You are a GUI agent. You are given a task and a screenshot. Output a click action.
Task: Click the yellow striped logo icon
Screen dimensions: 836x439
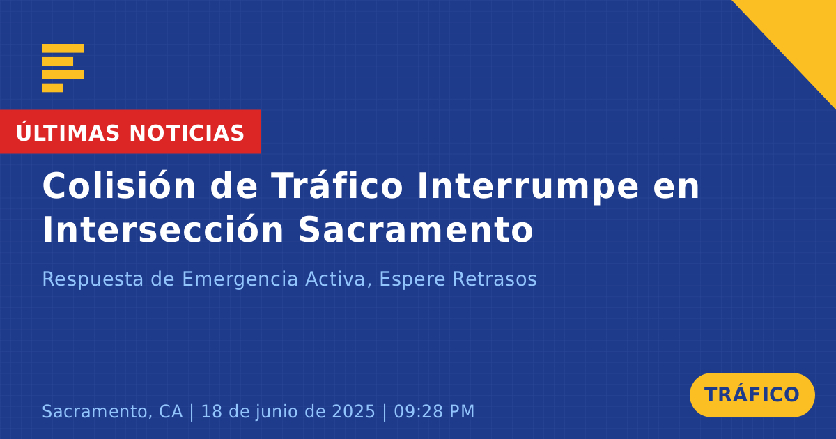click(x=63, y=68)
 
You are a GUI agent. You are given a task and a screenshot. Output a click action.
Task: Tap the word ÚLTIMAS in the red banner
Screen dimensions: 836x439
click(x=68, y=132)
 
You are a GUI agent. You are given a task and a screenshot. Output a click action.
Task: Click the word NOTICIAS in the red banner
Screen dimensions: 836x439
click(x=187, y=133)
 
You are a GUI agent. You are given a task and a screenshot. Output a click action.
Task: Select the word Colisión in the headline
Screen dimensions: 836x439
click(x=119, y=185)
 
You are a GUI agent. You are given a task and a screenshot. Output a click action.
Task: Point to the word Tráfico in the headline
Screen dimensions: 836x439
click(x=337, y=185)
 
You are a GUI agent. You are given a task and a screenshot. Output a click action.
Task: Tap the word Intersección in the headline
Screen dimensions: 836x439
click(x=163, y=229)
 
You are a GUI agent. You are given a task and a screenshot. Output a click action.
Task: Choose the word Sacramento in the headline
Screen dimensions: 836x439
click(x=416, y=229)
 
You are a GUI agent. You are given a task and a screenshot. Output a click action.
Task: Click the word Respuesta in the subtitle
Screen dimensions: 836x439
click(x=93, y=279)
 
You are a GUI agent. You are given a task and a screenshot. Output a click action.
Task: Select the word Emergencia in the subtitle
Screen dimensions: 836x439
click(x=240, y=279)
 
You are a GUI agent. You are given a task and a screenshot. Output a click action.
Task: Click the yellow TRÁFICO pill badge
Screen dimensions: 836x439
click(x=752, y=394)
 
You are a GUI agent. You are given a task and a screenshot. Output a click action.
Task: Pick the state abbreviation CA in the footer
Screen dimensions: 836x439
click(x=171, y=411)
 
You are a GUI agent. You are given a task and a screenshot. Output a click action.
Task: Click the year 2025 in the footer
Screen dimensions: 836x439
click(x=353, y=411)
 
